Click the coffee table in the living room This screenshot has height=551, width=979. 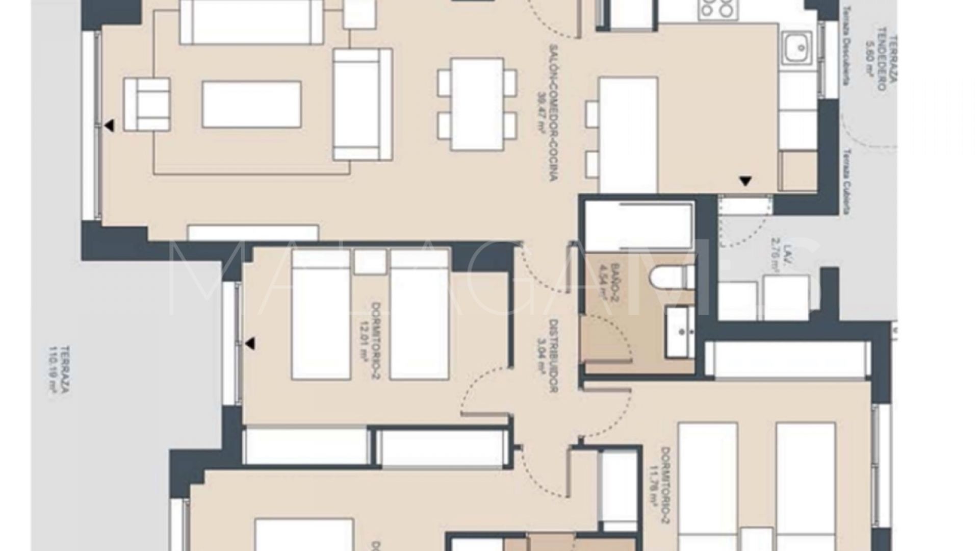[x=251, y=104]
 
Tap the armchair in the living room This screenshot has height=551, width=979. [x=147, y=104]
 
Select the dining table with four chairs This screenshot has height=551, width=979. [x=477, y=104]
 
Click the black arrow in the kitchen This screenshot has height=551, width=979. [x=745, y=180]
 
